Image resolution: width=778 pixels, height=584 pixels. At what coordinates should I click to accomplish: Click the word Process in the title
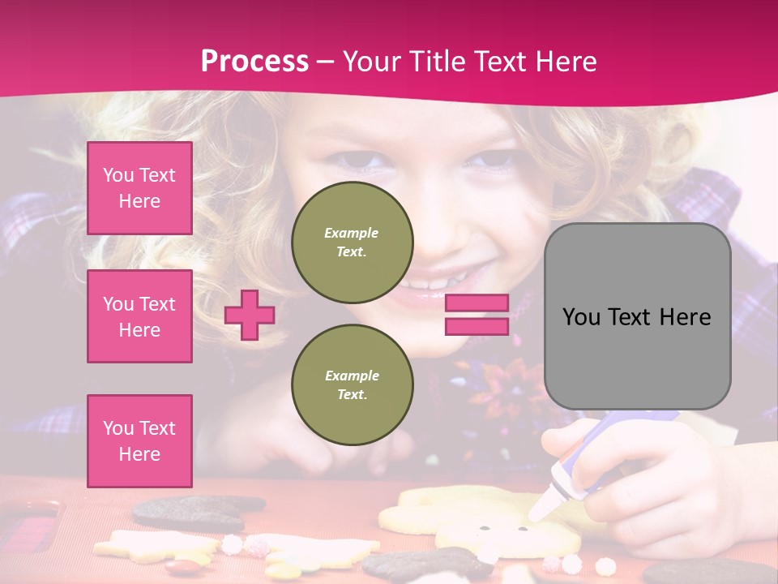pyautogui.click(x=254, y=61)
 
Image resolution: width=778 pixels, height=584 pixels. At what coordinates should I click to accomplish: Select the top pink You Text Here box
pyautogui.click(x=139, y=188)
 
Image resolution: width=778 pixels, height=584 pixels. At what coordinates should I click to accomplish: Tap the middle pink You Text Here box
pyautogui.click(x=139, y=316)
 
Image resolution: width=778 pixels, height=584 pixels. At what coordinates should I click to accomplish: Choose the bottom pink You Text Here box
pyautogui.click(x=139, y=441)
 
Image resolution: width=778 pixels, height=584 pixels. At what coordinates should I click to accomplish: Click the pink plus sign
pyautogui.click(x=250, y=315)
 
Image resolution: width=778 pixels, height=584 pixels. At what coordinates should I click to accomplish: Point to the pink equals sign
pyautogui.click(x=477, y=315)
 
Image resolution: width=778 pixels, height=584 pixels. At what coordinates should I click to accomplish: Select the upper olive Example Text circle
pyautogui.click(x=353, y=242)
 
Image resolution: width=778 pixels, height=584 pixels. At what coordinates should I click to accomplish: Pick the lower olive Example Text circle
pyautogui.click(x=353, y=384)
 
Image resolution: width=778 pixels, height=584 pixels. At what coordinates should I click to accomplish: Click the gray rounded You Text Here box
pyautogui.click(x=638, y=316)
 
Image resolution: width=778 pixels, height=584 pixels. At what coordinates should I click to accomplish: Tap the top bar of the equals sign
pyautogui.click(x=477, y=303)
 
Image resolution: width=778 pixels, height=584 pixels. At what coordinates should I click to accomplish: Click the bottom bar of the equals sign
pyautogui.click(x=477, y=326)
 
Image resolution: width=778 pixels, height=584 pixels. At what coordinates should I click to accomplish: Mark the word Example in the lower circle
pyautogui.click(x=352, y=376)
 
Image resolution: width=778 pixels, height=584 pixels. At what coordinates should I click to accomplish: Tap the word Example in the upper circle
pyautogui.click(x=352, y=233)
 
